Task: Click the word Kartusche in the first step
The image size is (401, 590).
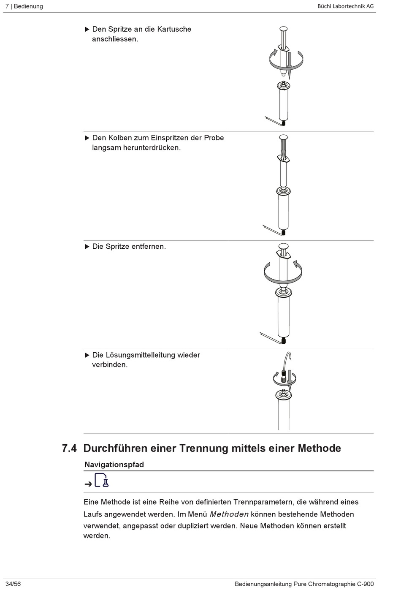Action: (174, 29)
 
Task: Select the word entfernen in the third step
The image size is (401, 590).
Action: (148, 246)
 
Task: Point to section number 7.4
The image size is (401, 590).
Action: (69, 448)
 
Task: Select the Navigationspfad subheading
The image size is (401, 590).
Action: (114, 465)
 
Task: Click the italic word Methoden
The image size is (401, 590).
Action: (229, 514)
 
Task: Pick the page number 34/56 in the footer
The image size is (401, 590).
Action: (13, 584)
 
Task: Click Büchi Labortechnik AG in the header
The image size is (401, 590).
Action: (345, 6)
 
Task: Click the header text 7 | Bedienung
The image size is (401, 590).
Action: (24, 6)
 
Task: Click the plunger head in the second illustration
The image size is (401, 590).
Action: (283, 138)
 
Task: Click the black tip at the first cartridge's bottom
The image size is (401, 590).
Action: (284, 123)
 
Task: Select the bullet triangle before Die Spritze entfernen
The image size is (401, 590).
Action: (87, 246)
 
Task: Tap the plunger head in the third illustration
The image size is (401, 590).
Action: (283, 246)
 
